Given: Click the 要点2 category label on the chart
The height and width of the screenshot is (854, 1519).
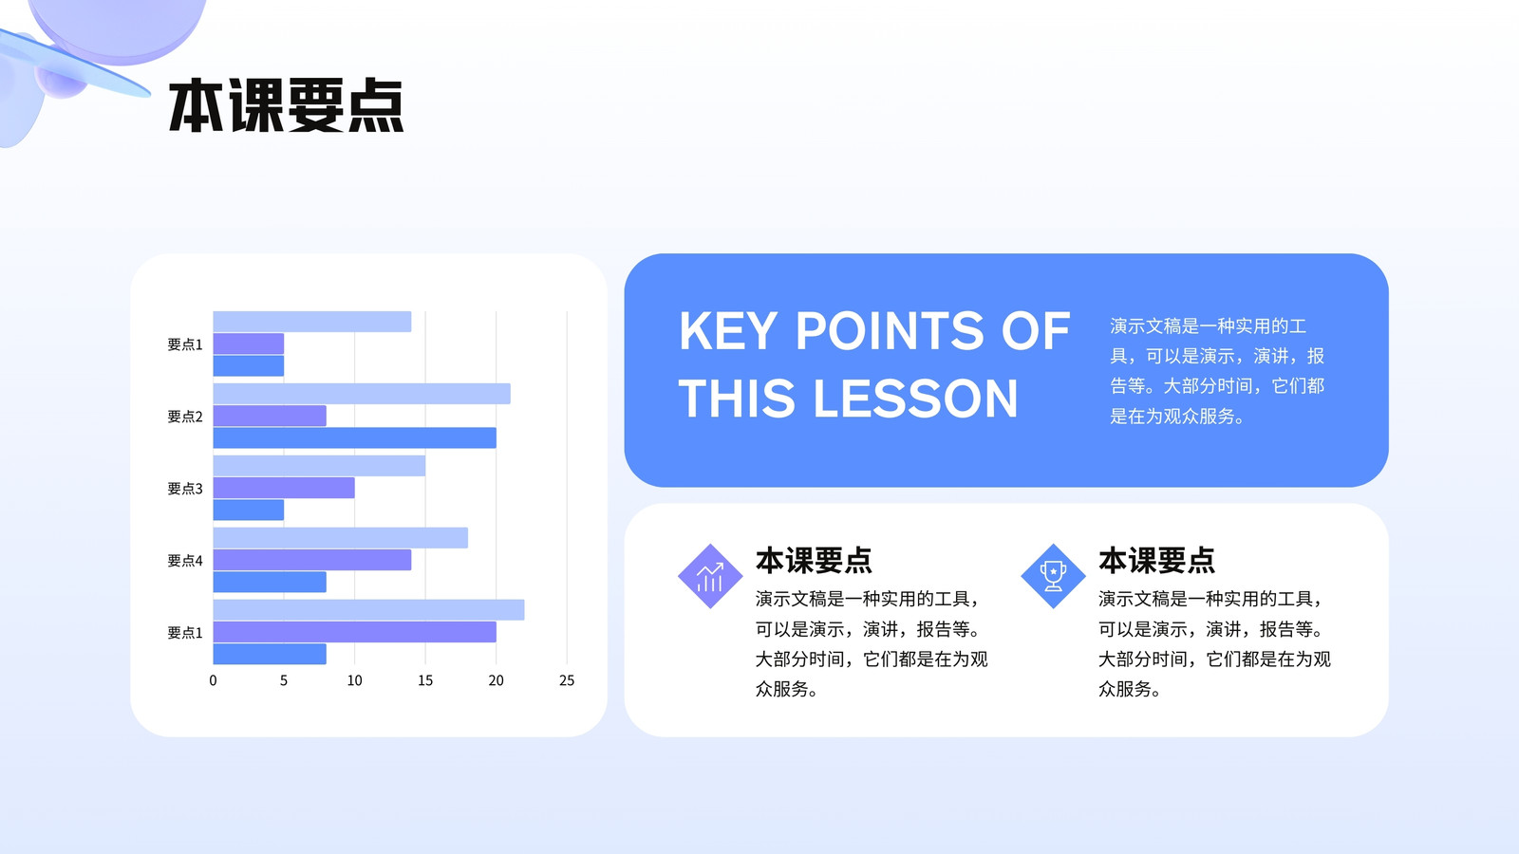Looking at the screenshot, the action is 184,417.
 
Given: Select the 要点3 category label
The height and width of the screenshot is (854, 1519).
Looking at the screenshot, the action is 184,488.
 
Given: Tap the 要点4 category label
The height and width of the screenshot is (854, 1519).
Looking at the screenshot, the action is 184,561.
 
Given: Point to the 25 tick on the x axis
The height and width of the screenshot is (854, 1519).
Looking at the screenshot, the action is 566,680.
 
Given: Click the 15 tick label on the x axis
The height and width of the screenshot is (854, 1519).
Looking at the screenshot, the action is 425,680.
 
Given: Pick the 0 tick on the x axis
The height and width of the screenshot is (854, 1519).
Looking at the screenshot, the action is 213,680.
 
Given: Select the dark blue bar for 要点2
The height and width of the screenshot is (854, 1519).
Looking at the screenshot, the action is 355,437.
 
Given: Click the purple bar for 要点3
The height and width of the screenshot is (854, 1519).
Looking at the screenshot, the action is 284,488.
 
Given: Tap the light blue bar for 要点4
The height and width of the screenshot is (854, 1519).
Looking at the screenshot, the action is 341,538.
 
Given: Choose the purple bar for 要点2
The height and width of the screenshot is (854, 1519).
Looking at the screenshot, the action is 270,416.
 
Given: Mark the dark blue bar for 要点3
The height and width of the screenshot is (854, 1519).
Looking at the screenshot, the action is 249,510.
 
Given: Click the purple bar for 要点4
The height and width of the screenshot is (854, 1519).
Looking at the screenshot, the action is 312,560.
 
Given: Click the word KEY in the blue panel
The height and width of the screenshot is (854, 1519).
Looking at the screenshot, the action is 727,331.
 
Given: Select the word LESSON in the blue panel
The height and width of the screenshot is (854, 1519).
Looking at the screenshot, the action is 915,398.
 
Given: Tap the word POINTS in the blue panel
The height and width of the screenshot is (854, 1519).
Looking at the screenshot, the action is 889,331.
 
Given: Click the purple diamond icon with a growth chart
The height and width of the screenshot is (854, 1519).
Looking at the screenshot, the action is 710,576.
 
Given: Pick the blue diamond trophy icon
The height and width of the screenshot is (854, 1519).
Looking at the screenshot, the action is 1053,576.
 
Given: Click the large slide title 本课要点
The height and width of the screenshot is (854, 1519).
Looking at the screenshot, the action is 286,105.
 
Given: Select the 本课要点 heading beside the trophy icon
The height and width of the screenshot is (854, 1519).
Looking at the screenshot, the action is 1157,561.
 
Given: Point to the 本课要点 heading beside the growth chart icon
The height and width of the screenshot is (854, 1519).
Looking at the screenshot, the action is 814,561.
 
